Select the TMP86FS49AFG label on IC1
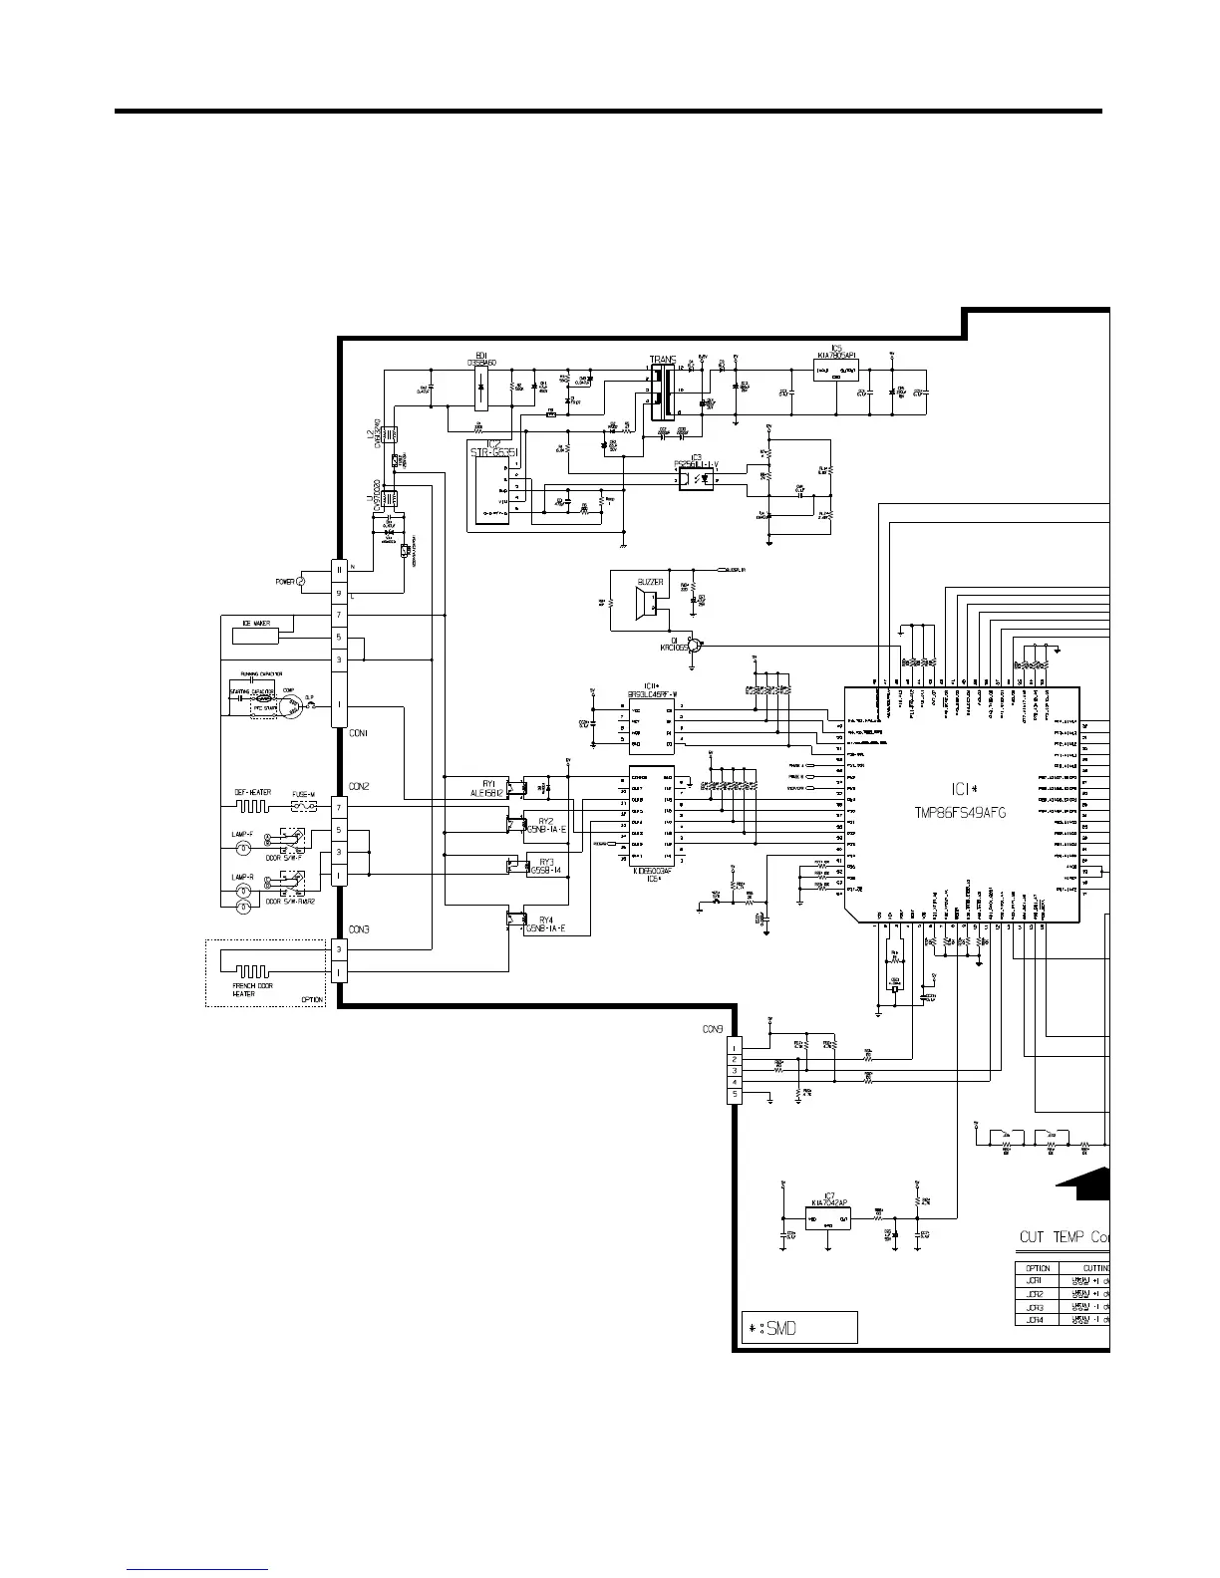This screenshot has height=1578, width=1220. pos(960,812)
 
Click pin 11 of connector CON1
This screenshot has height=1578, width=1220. pos(339,568)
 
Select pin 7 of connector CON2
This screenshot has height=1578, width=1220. pos(339,806)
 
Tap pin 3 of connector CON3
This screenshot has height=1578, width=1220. pos(339,949)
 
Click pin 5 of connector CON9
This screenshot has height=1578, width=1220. pos(736,1095)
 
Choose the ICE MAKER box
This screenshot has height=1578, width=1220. pos(256,624)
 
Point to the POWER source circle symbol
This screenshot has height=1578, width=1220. pos(301,581)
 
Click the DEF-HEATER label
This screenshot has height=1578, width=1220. pos(253,793)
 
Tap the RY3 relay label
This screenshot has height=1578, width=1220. pos(546,862)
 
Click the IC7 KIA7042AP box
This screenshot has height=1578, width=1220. pos(828,1218)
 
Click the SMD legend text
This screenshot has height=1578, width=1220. pos(772,1328)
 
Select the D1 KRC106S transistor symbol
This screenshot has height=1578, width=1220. pos(697,645)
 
